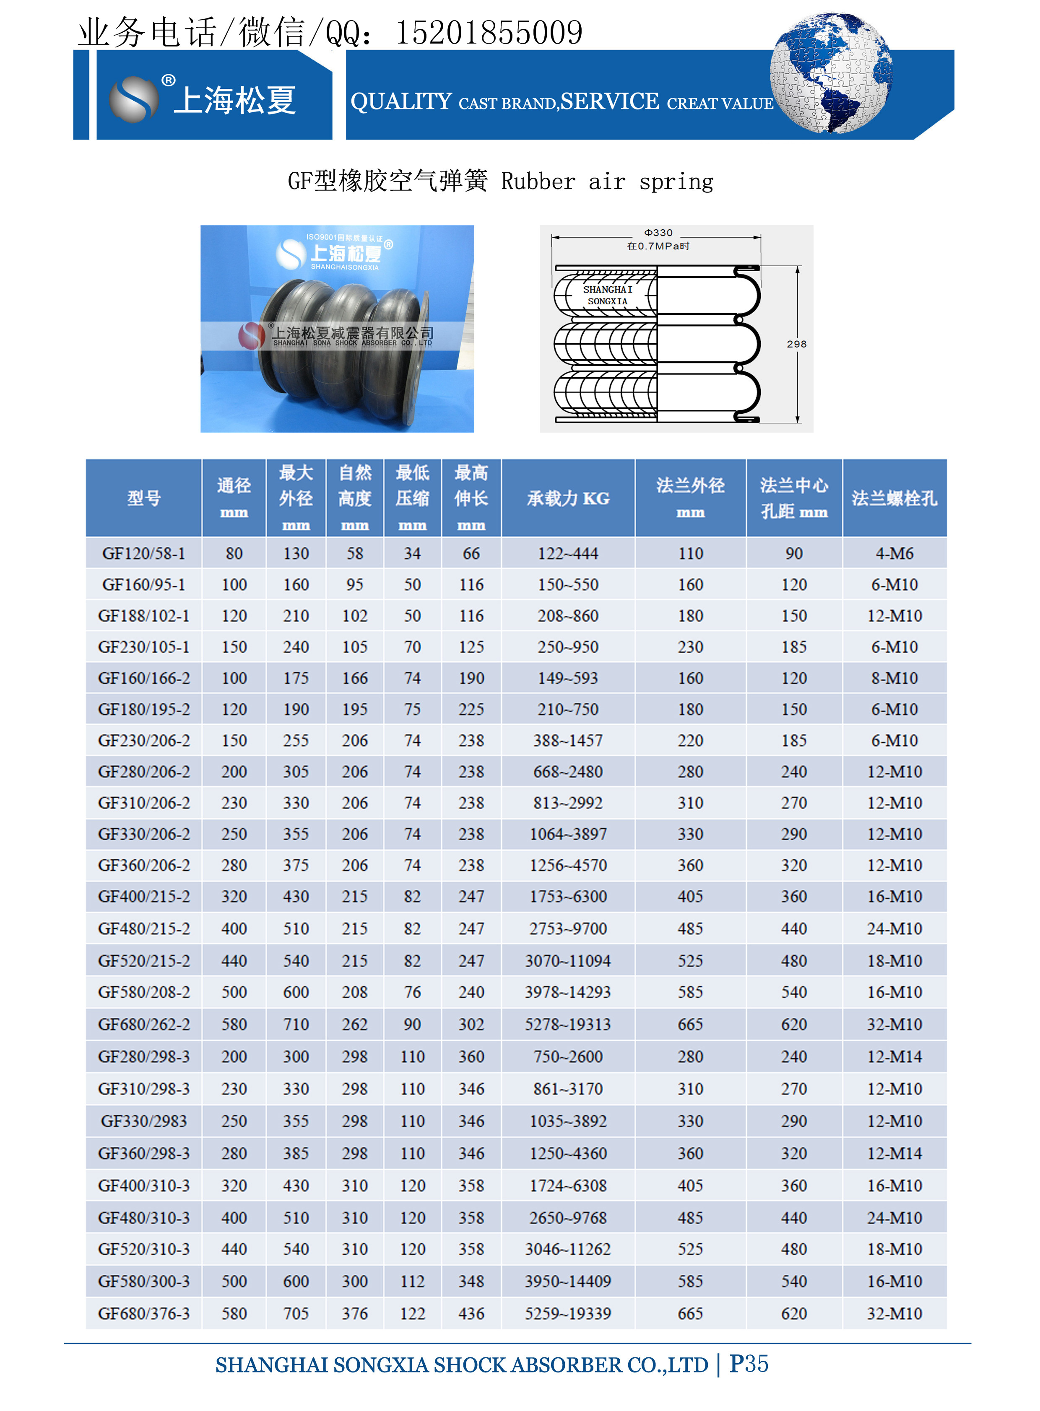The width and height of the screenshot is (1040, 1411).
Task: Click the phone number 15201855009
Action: coord(489,33)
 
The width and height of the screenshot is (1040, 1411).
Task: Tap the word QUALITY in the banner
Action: coord(401,101)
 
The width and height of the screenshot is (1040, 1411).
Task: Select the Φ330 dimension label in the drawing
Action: coord(658,233)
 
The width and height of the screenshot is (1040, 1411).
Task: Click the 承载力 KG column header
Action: coord(568,498)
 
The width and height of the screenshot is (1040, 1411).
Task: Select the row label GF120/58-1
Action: coord(143,553)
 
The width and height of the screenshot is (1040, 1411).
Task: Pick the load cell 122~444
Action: coord(568,553)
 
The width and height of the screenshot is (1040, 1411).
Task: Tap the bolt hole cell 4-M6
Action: coord(894,553)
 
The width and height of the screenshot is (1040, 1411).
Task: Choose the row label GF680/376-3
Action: coord(143,1313)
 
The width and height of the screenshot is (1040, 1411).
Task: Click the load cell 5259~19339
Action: coord(568,1313)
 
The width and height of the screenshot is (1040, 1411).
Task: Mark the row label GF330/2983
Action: coord(143,1121)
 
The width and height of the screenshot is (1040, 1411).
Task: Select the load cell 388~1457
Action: coord(568,740)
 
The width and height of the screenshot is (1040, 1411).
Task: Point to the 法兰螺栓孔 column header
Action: coord(894,498)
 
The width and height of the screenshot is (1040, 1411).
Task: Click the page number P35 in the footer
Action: coord(749,1364)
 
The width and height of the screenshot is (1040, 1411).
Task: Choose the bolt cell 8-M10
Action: coord(894,678)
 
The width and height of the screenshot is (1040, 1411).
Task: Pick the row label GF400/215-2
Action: coord(143,896)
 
